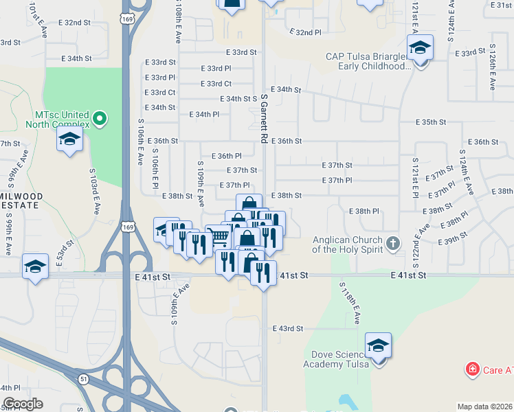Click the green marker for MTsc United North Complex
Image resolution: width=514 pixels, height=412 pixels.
pos(100,119)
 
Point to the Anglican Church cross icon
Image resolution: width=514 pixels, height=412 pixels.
pos(392,242)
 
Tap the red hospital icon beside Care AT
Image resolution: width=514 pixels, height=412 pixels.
pos(472,370)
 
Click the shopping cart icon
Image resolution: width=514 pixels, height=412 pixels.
pos(219,238)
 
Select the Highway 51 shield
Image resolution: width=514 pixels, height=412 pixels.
pos(82,378)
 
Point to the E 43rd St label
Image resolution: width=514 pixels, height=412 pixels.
pos(287,328)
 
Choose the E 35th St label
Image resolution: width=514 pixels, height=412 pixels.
pos(431,122)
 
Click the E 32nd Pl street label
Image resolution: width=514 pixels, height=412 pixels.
pos(305,32)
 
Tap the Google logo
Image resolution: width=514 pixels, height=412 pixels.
pos(23,403)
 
